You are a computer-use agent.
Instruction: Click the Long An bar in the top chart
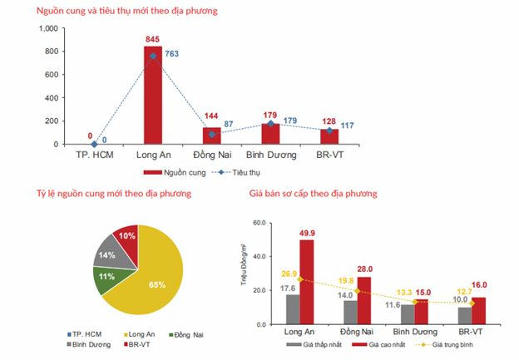pos(153,95)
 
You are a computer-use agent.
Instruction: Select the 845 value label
pos(153,38)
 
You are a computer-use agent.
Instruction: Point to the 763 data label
pos(171,54)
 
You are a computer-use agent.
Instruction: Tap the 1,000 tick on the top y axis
pos(47,28)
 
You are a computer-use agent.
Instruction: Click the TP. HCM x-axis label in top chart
pos(94,155)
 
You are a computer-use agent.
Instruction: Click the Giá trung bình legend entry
pos(447,343)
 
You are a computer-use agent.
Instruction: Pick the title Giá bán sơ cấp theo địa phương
pos(313,194)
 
